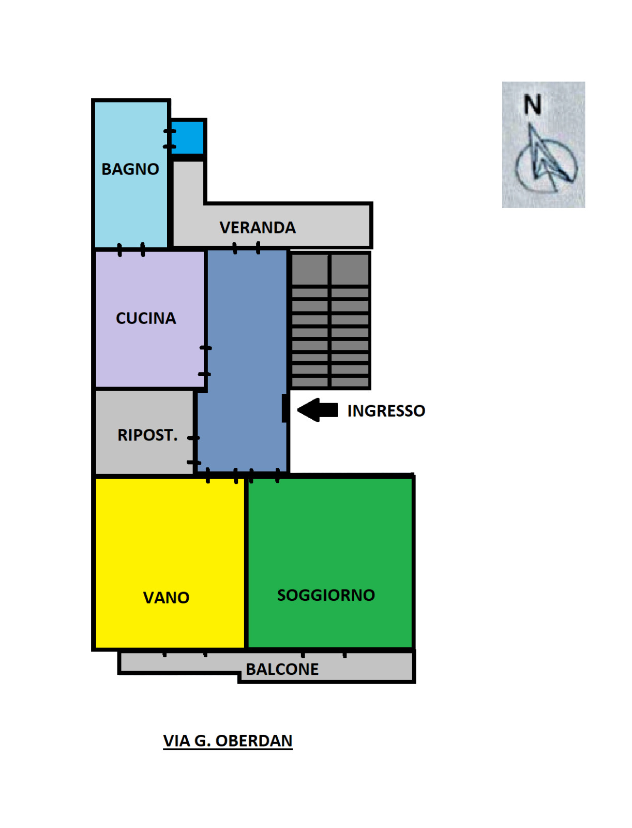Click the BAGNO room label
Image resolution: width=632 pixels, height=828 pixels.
coord(130,169)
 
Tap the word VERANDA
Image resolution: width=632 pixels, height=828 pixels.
coord(258,228)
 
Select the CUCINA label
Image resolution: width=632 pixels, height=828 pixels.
coord(146,318)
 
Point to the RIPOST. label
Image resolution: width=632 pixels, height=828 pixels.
coord(147,435)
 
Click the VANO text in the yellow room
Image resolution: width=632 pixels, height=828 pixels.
coord(166,598)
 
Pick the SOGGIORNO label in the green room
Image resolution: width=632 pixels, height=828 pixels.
coord(326,595)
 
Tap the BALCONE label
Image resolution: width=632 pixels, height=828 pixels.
coord(282,669)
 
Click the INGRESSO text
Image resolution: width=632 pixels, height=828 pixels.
coord(386,411)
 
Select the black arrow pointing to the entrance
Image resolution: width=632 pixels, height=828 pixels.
coord(318,410)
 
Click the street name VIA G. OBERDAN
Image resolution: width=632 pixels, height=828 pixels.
coord(228,741)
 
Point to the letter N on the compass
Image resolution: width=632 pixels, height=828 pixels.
coord(533,105)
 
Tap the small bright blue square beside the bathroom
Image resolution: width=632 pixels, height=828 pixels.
coord(188,137)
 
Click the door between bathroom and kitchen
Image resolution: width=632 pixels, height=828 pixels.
coord(131,249)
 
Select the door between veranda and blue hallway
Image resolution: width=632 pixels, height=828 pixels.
coord(247,248)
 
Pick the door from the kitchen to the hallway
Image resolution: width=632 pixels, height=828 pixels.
coord(205,361)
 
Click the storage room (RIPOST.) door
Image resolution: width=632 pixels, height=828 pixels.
coord(194,450)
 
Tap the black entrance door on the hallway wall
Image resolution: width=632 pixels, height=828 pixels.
coord(285,408)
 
